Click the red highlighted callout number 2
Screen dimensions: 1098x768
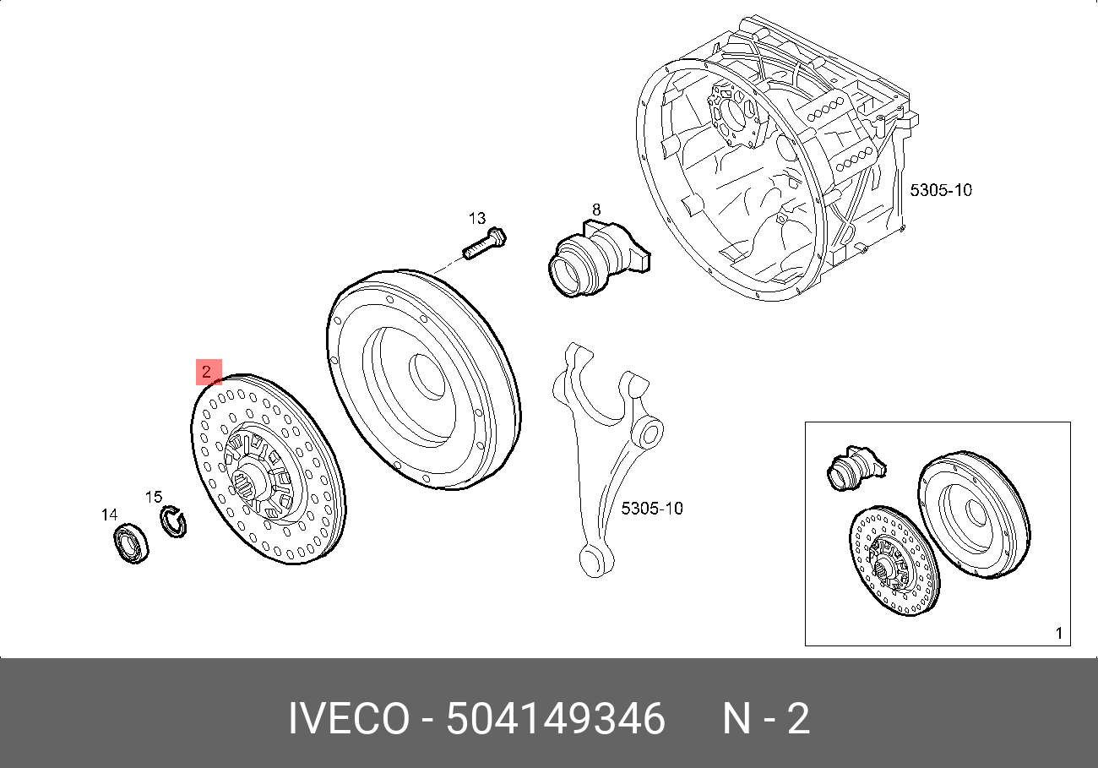click(x=208, y=372)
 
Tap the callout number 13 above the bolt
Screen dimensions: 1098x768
click(x=478, y=218)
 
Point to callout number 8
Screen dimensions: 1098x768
click(x=595, y=209)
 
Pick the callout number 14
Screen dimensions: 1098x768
click(x=109, y=515)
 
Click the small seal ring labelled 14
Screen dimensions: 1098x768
click(x=131, y=543)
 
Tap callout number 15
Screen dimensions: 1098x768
click(x=153, y=497)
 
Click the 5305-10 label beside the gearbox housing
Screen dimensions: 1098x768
click(x=940, y=190)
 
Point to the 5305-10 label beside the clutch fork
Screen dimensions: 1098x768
click(x=651, y=509)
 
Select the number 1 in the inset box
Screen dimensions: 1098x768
click(x=1059, y=633)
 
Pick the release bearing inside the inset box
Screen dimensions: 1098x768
click(x=852, y=467)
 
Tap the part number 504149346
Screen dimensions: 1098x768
click(x=555, y=720)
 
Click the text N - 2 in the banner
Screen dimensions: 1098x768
click(x=765, y=720)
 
